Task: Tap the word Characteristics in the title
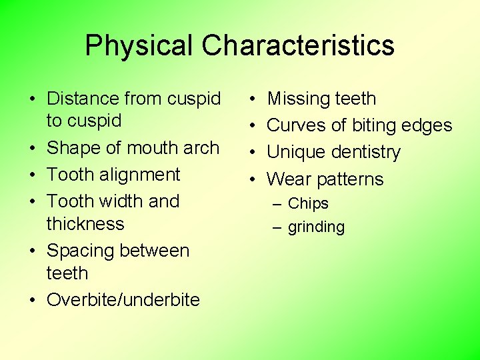[x=298, y=46]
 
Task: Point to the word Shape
[x=71, y=148]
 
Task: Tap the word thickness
[x=85, y=223]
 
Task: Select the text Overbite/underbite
[x=123, y=299]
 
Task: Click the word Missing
[x=296, y=99]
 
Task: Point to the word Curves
[x=293, y=125]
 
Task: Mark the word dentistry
[x=368, y=153]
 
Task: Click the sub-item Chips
[x=308, y=204]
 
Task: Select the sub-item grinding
[x=316, y=227]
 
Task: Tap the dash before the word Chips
[x=278, y=204]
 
